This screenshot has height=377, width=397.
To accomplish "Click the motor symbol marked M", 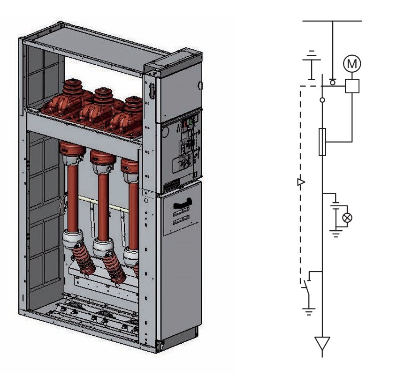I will point(352,63).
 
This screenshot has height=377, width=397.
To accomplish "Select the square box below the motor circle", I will point(352,86).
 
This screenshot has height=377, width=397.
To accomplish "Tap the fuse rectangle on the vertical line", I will point(322,141).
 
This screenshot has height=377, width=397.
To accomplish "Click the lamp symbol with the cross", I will point(347,217).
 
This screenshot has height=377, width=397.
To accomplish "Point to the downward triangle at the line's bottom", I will point(322,344).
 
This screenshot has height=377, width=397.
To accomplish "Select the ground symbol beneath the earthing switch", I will point(308,311).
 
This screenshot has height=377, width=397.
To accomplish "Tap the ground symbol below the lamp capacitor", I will point(335,232).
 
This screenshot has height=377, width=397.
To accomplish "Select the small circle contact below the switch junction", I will point(322,100).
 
